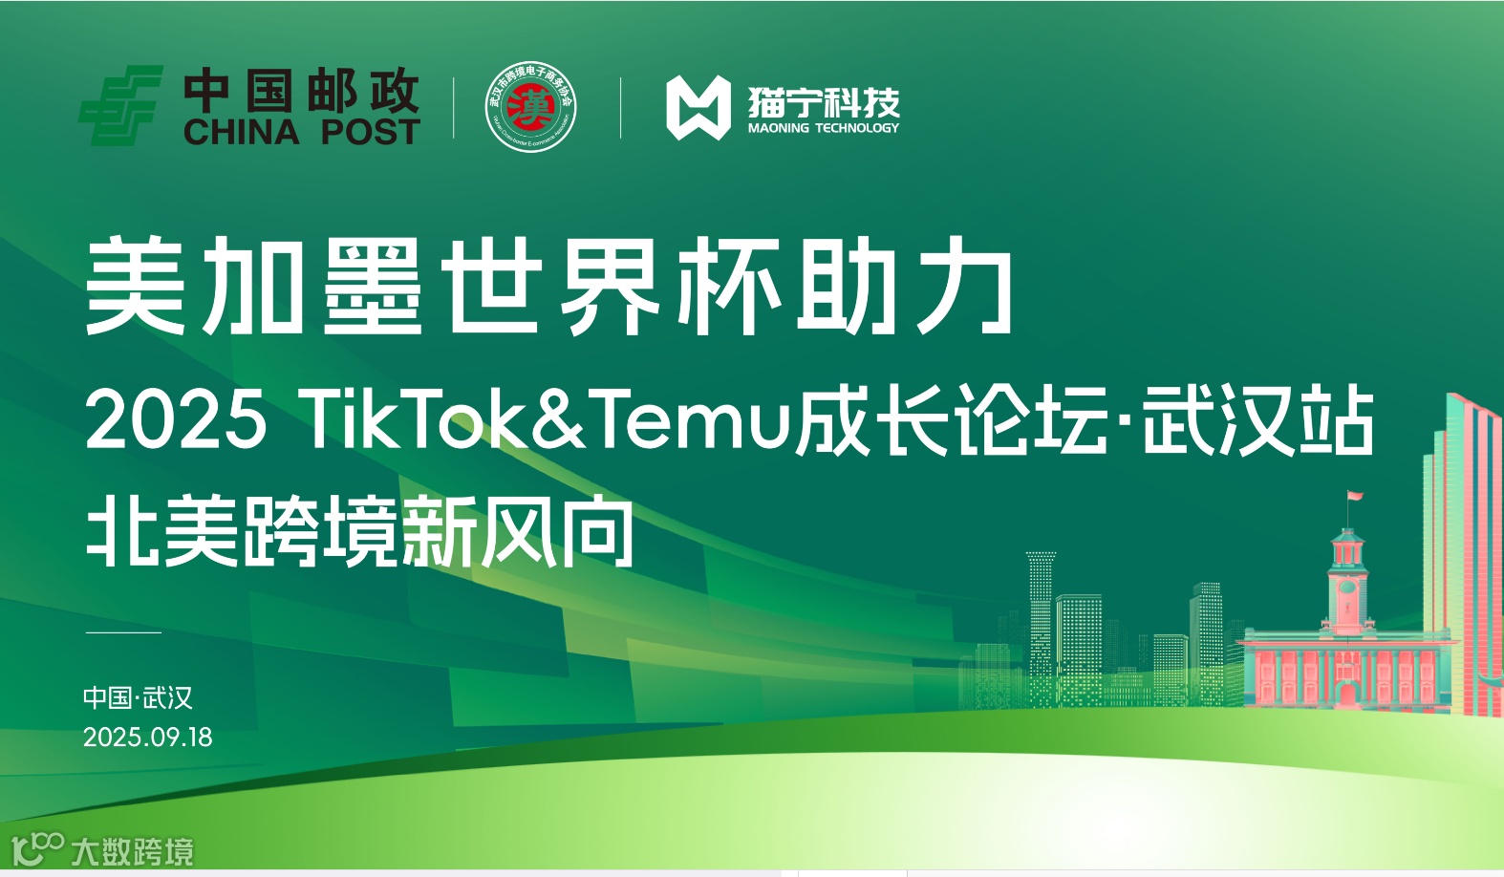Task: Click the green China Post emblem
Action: [119, 106]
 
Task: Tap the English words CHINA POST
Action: [301, 132]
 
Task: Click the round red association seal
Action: [530, 107]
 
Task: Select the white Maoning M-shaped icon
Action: [698, 108]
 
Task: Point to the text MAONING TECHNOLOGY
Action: [823, 128]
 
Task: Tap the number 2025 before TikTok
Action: [176, 419]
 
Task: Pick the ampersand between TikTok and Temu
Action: [559, 419]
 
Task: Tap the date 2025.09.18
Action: [147, 738]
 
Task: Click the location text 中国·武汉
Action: [138, 697]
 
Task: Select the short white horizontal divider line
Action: [123, 632]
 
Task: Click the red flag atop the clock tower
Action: [1355, 497]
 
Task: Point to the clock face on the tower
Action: [1347, 587]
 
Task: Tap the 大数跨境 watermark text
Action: [132, 851]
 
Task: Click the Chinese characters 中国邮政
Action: [301, 92]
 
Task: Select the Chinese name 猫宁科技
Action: [823, 101]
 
